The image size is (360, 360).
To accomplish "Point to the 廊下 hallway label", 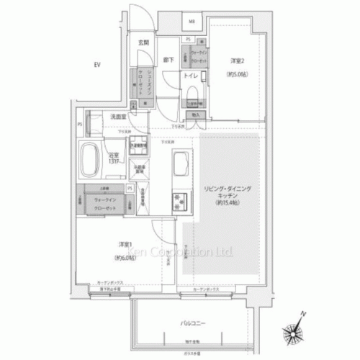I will [x=167, y=60].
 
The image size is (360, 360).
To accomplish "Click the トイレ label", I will [x=192, y=75].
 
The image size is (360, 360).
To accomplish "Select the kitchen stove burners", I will [x=176, y=200].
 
